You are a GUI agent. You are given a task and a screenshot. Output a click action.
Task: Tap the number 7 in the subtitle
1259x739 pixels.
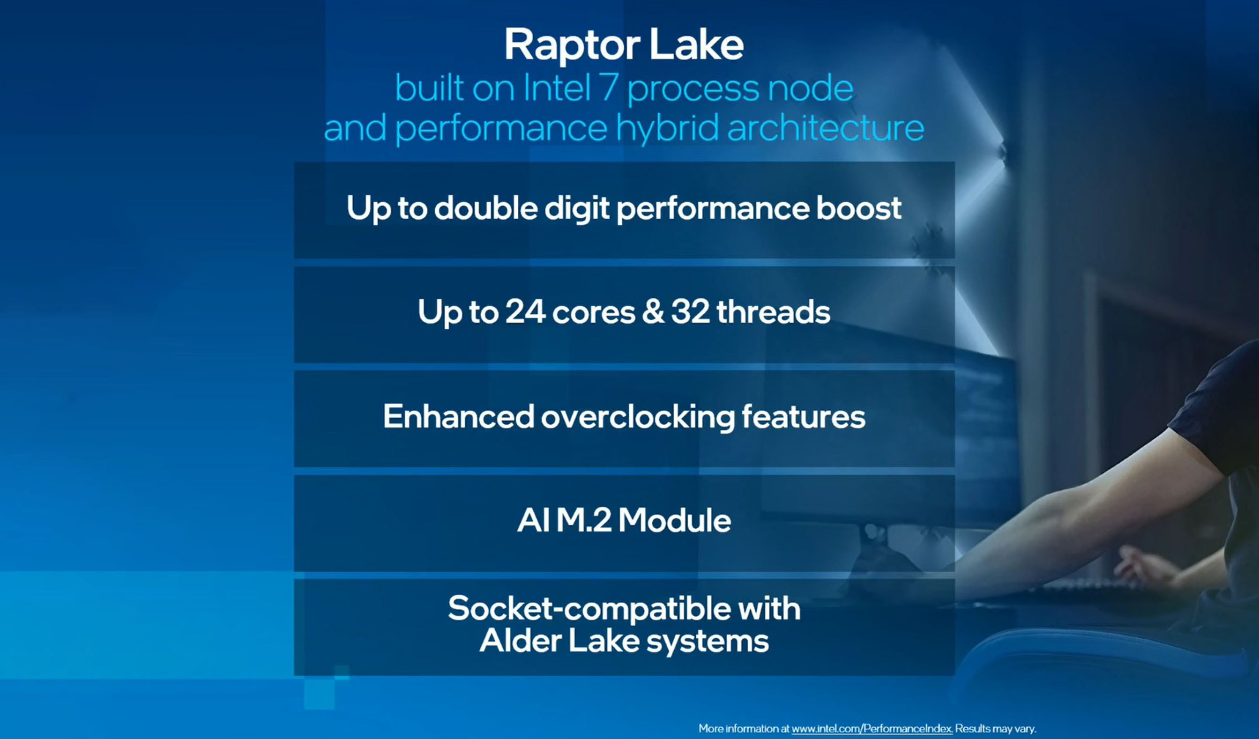tap(608, 88)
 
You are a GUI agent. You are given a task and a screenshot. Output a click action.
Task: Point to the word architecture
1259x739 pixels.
tap(825, 128)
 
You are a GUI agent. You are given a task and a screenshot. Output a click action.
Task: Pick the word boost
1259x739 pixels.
tap(858, 208)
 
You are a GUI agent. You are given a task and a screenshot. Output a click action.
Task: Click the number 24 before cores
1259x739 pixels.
tap(525, 312)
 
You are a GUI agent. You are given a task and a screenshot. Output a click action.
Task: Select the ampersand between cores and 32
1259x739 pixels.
tap(653, 312)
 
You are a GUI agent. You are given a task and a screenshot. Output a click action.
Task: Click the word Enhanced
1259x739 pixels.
tap(458, 416)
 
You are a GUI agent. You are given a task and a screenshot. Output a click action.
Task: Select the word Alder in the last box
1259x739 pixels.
tap(520, 641)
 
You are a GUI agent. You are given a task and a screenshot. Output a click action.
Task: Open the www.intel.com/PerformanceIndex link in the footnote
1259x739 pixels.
tap(872, 729)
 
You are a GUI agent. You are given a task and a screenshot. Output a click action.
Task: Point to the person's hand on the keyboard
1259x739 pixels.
tap(1144, 567)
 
